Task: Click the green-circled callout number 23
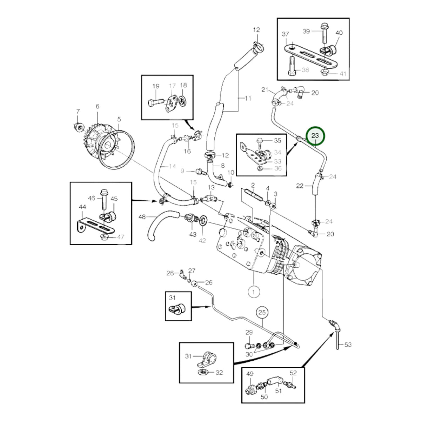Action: [x=315, y=136]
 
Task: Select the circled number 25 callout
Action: [x=262, y=312]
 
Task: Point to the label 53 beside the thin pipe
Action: [x=348, y=345]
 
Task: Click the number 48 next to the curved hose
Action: [x=142, y=217]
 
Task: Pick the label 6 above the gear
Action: [x=98, y=106]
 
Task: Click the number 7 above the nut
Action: [x=78, y=112]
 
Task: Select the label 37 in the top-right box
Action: [x=285, y=34]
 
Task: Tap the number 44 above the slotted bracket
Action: [x=82, y=207]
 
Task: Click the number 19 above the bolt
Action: [x=156, y=86]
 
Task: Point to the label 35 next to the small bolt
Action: [x=278, y=140]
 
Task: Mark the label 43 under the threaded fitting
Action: [x=193, y=234]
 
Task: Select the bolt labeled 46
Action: [x=104, y=200]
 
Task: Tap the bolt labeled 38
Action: [x=292, y=66]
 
